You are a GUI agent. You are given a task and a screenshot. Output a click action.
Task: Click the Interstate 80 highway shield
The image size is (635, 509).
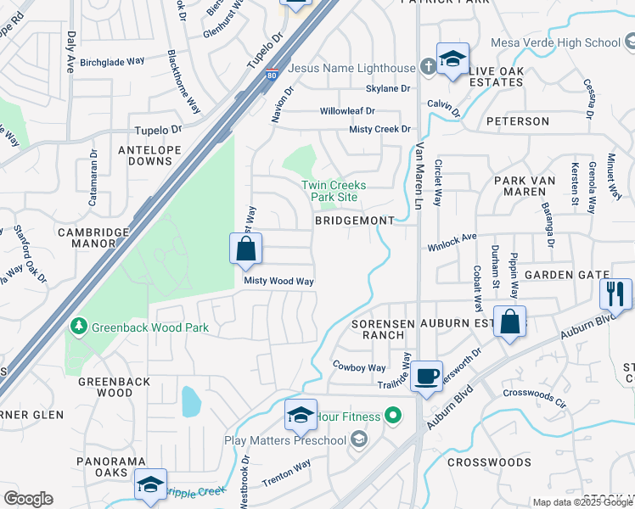(271, 76)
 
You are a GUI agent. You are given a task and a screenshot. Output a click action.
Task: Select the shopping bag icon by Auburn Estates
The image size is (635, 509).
(509, 322)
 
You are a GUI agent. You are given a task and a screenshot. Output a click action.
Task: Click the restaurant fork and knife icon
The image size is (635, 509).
(615, 294)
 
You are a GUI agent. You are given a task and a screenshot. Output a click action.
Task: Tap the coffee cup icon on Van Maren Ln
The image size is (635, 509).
(427, 375)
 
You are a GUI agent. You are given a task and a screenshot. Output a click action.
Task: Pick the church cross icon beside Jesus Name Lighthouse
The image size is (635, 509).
(430, 66)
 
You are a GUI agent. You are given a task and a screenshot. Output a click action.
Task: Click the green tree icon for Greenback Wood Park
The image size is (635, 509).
(78, 326)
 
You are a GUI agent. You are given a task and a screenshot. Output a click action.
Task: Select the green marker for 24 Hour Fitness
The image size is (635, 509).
(391, 416)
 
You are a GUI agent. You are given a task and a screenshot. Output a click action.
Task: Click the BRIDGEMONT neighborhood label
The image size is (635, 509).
(354, 221)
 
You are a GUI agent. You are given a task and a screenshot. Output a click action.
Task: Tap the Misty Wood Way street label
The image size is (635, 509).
(279, 281)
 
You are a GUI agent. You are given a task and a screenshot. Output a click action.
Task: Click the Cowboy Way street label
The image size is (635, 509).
(359, 367)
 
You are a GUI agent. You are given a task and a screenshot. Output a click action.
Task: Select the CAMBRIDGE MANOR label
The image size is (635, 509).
(93, 237)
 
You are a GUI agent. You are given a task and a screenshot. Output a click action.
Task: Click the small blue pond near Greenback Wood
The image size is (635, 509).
(191, 400)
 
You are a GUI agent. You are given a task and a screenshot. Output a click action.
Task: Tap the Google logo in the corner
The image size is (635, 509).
(28, 499)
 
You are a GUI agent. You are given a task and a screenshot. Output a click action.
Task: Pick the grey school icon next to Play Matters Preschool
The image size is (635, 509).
(359, 439)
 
